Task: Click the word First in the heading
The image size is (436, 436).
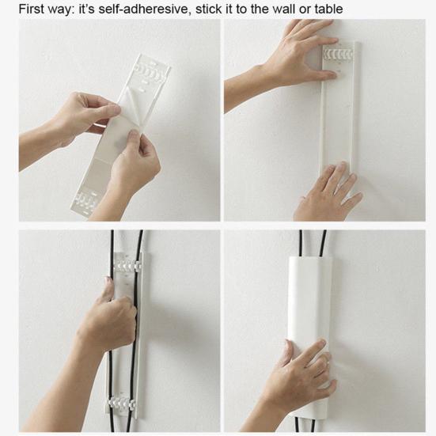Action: click(21, 9)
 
